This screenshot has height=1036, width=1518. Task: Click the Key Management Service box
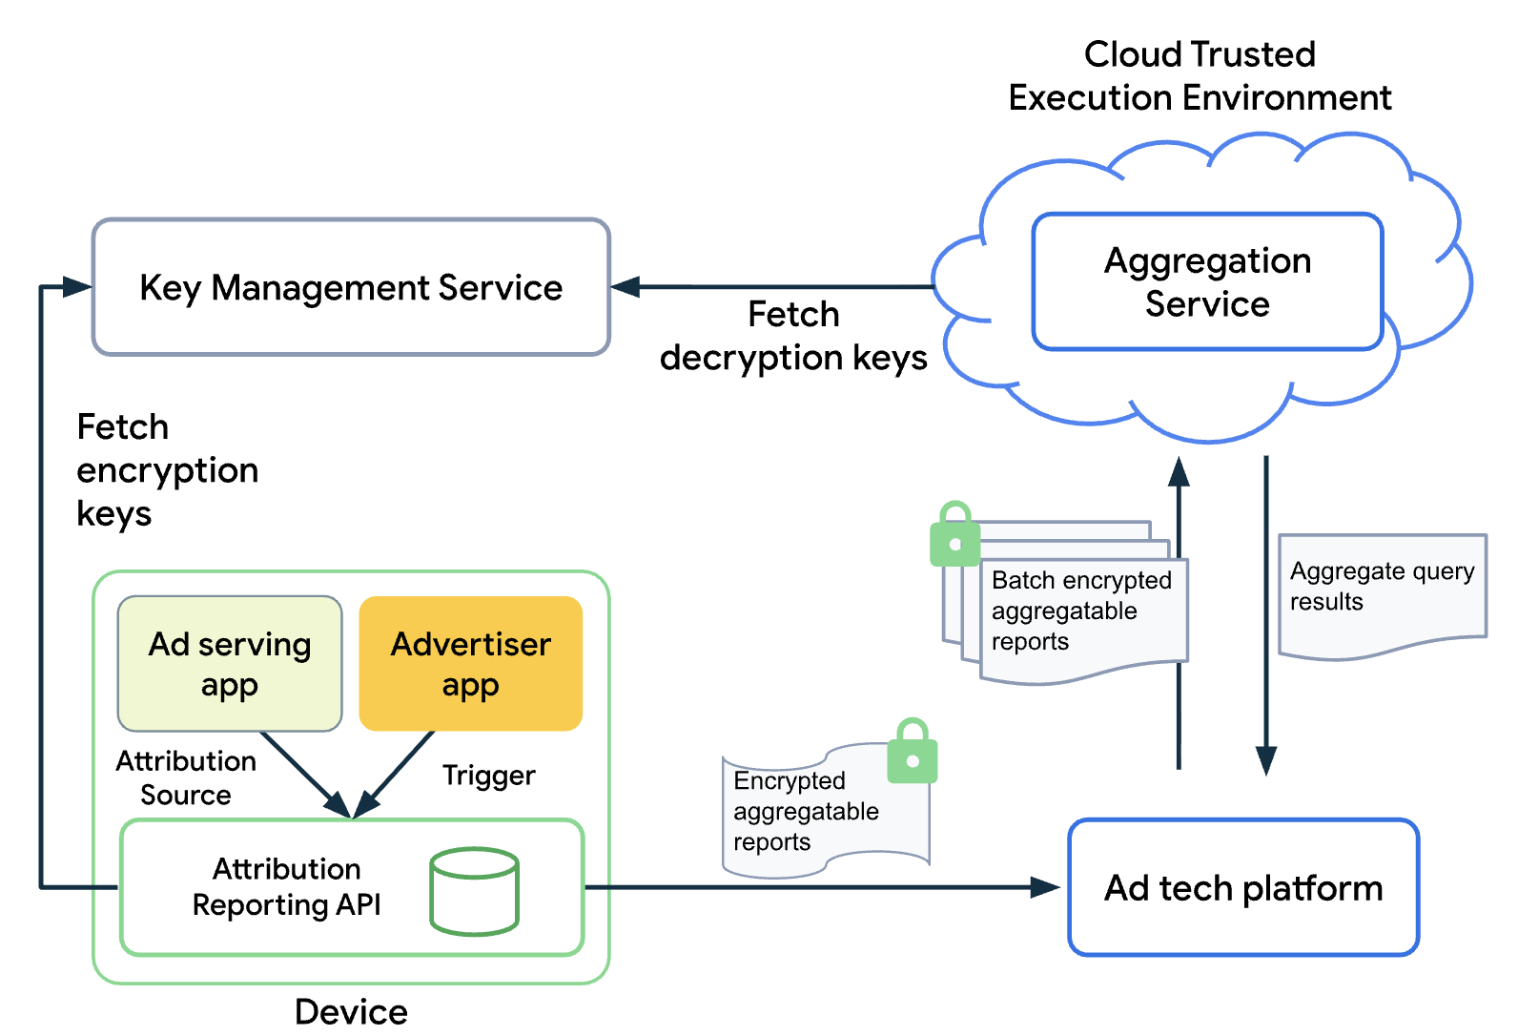[351, 287]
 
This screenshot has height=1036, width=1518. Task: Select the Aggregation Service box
[1207, 282]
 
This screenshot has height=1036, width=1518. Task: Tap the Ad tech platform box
[1243, 888]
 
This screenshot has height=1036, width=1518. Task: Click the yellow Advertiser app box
[471, 664]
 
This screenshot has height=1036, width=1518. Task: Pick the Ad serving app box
[230, 664]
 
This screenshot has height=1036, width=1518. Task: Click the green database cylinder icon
[474, 892]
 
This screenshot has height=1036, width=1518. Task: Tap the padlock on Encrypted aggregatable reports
[913, 753]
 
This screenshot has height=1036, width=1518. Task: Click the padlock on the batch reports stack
[954, 536]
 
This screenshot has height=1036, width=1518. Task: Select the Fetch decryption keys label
[792, 336]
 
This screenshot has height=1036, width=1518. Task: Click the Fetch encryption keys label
[167, 469]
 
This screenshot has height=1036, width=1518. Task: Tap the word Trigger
[488, 776]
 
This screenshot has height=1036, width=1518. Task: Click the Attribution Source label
[186, 777]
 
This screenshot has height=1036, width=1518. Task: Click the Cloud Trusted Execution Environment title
[1200, 75]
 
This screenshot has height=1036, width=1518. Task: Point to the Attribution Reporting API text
[286, 886]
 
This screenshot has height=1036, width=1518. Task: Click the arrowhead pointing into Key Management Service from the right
[626, 286]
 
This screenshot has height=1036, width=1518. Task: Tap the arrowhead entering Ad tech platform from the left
[1046, 888]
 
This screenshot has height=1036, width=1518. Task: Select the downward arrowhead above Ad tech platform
[1266, 760]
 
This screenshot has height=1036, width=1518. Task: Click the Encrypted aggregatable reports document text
[806, 811]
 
